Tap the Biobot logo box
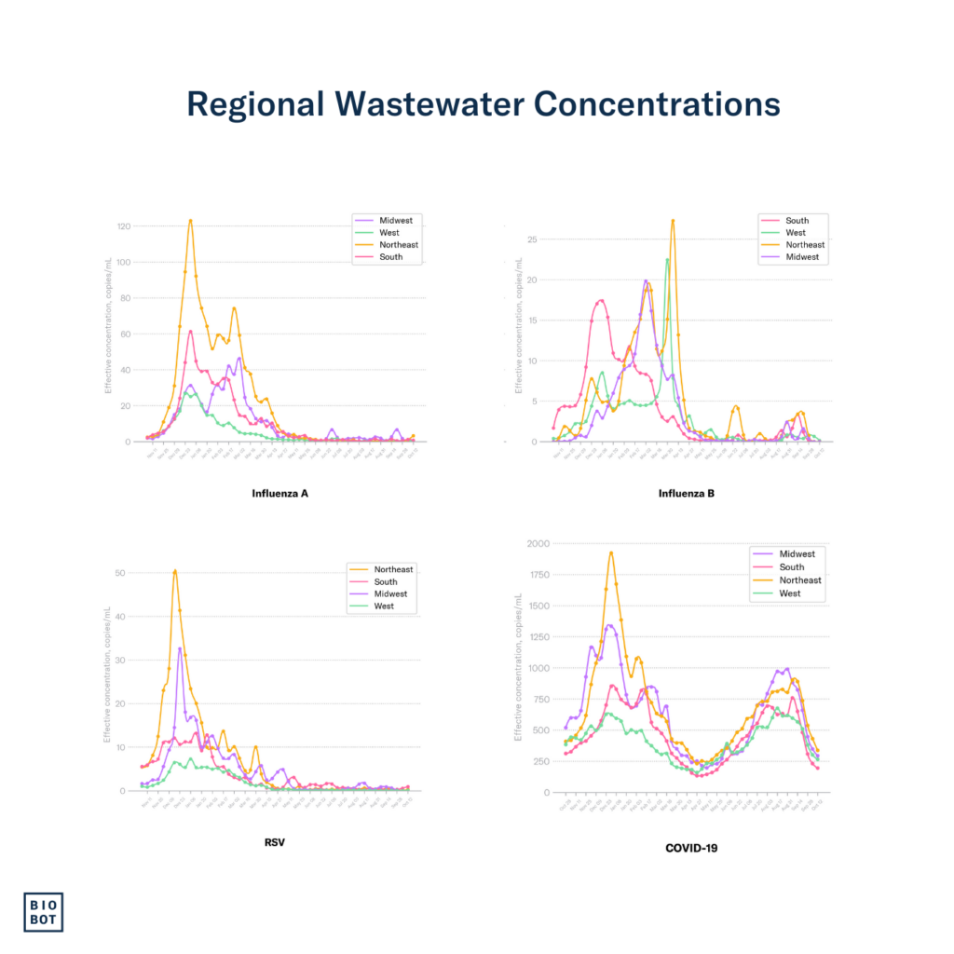coord(43,911)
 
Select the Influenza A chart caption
coord(279,493)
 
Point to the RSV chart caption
coord(279,842)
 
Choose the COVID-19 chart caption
coord(691,848)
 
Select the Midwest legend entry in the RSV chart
coord(391,594)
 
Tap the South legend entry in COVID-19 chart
coord(792,567)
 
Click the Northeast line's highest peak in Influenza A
coord(190,221)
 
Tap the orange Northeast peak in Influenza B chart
coord(673,221)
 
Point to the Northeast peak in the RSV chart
coord(175,571)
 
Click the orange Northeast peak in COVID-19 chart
coord(611,552)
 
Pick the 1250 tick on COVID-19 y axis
coord(538,637)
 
